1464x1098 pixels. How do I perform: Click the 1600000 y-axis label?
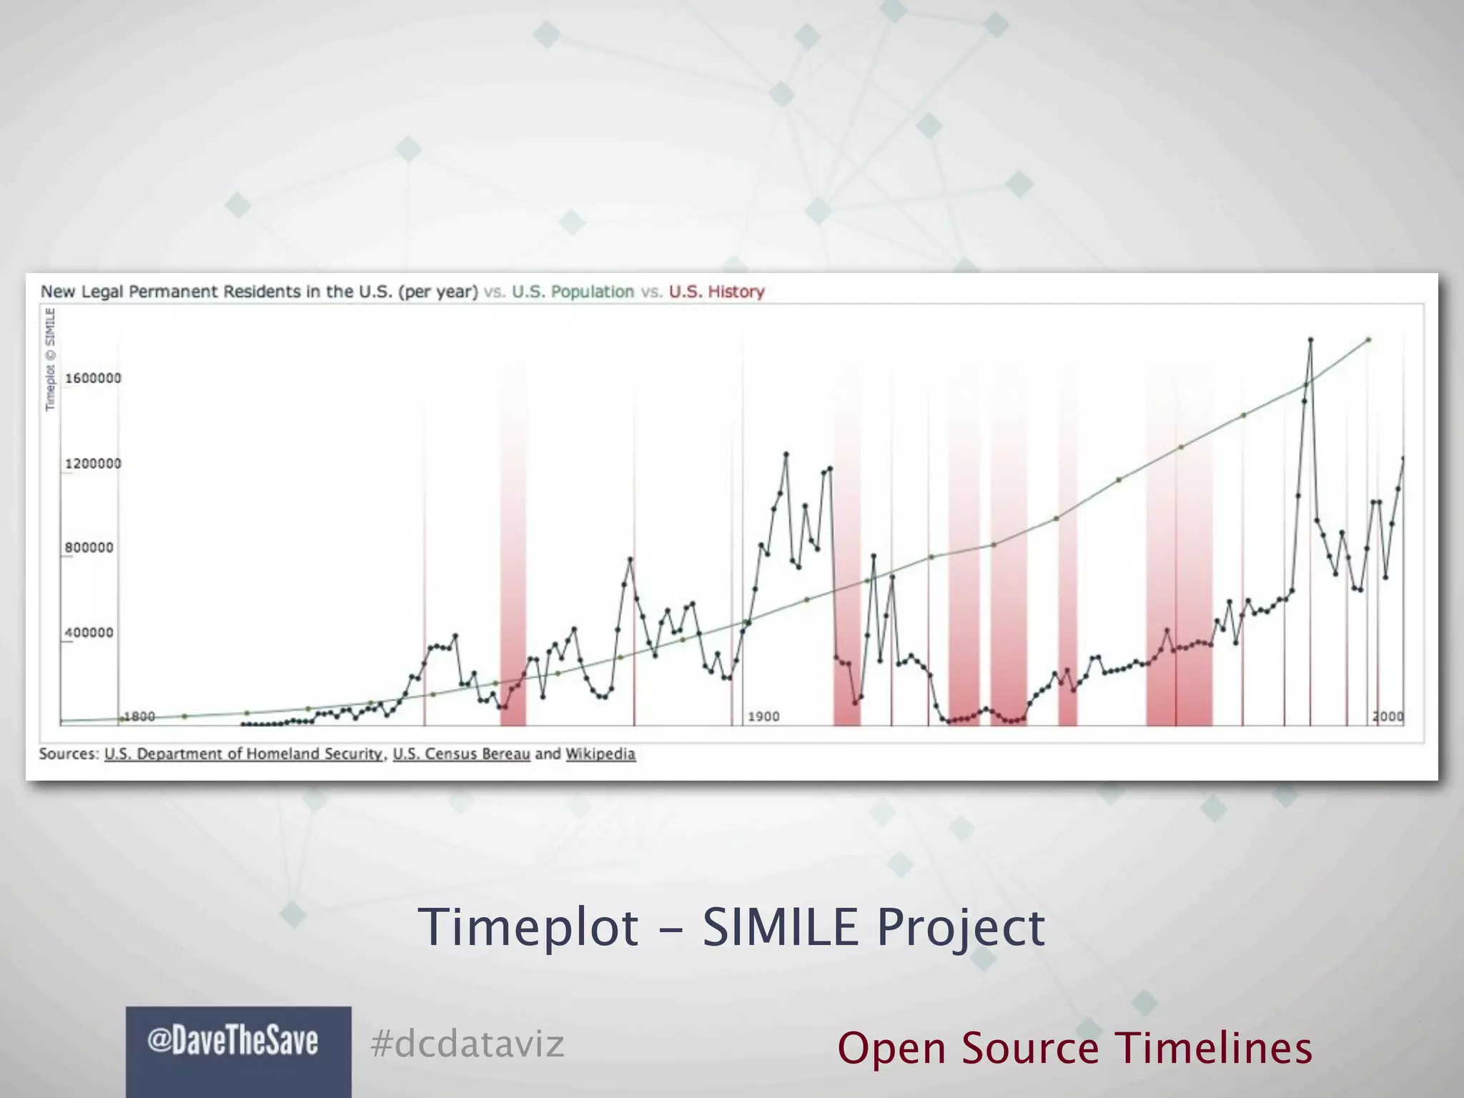pos(93,378)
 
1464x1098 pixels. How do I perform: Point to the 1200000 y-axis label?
pos(93,464)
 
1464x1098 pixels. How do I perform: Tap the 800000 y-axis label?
pos(89,548)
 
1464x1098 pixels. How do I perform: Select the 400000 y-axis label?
pos(89,633)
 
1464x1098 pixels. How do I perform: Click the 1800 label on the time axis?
pos(139,716)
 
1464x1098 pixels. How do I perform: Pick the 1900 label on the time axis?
pos(763,716)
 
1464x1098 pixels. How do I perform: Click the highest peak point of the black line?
pos(1310,340)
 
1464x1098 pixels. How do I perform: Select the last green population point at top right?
pos(1368,340)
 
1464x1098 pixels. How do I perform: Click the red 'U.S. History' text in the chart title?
pos(716,292)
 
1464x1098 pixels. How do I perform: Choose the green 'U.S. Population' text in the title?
pos(573,292)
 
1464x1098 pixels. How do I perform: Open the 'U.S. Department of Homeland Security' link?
pos(243,754)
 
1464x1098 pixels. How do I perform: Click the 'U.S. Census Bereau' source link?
pos(461,754)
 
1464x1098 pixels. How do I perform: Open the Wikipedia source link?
pos(600,754)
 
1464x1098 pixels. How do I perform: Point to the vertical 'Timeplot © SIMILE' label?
pos(50,359)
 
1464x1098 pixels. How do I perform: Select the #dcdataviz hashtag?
pos(468,1044)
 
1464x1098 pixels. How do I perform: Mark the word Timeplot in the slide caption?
pos(528,926)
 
